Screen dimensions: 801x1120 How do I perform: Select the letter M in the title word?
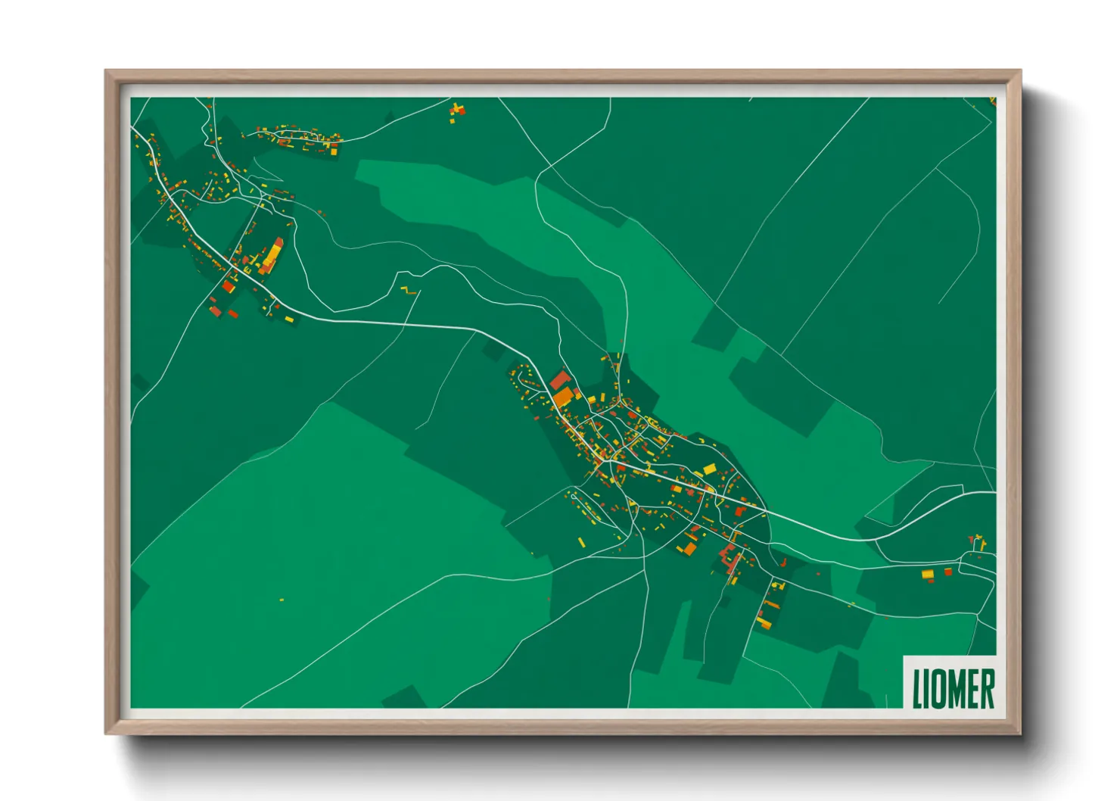click(x=955, y=689)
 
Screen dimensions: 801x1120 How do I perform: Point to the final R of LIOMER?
click(x=988, y=689)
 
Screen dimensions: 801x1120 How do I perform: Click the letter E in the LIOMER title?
click(x=973, y=689)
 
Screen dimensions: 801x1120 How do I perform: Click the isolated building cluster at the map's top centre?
click(x=456, y=111)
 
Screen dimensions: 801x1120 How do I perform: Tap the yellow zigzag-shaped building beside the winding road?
click(x=409, y=290)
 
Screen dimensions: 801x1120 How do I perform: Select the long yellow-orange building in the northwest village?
click(x=272, y=255)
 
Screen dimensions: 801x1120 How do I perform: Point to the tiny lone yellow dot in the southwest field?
click(x=282, y=600)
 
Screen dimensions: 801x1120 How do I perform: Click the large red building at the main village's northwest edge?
click(x=559, y=379)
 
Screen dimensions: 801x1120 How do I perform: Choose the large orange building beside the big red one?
click(x=564, y=396)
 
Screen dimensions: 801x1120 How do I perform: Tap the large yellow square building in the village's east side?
click(x=709, y=469)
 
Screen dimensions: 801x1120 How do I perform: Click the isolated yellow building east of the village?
click(x=928, y=575)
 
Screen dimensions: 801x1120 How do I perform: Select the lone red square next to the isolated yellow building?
click(x=948, y=572)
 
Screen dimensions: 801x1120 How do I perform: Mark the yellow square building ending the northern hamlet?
click(x=334, y=151)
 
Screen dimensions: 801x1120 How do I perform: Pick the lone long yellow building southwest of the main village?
click(x=581, y=542)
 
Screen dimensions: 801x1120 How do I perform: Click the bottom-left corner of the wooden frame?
click(x=107, y=732)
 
